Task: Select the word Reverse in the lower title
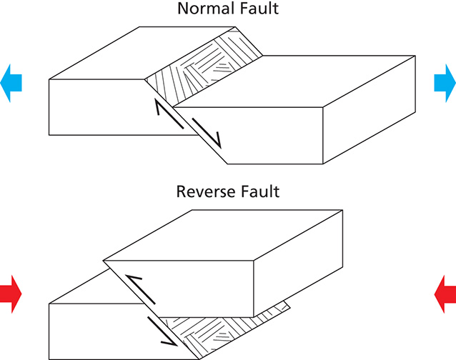pos(202,191)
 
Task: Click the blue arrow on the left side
pos(11,83)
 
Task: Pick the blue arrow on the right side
pos(445,83)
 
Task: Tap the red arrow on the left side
pos(11,294)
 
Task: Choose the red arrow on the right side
pos(445,294)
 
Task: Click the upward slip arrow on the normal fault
pos(169,114)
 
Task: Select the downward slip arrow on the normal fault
pos(207,133)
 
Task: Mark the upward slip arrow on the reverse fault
pos(141,289)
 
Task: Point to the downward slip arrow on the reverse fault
pos(162,331)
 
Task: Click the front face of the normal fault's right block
pos(250,136)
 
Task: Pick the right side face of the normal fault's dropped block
pos(370,110)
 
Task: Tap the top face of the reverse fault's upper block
pos(223,235)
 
